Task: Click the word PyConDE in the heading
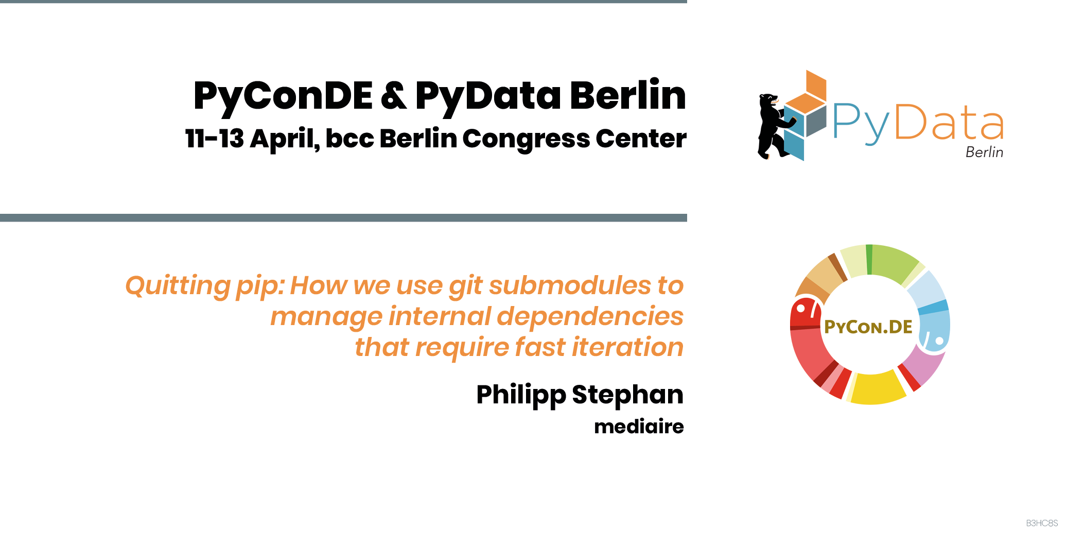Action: pos(283,97)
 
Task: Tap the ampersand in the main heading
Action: pos(394,95)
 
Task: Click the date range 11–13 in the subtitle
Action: pos(214,138)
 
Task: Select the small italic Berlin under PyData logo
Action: pos(984,152)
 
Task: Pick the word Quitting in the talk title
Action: pos(178,286)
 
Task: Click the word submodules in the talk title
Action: pos(570,285)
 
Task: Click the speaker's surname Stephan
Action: pos(627,395)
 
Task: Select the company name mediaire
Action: pos(639,427)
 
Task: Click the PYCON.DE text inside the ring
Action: pos(868,327)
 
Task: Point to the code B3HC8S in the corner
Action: pos(1042,523)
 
